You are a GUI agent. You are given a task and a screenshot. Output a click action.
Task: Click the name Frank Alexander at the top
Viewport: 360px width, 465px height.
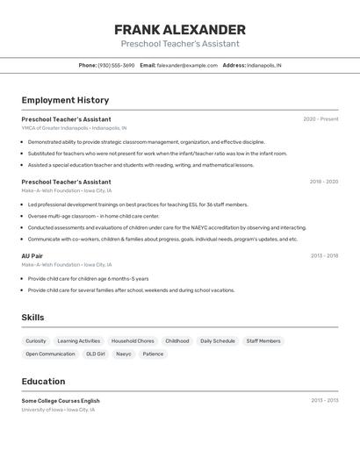[x=180, y=30]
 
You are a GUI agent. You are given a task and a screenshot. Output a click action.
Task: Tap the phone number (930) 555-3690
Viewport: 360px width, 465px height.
[x=116, y=65]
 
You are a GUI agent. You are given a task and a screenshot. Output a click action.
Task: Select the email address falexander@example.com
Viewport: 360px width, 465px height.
[x=187, y=65]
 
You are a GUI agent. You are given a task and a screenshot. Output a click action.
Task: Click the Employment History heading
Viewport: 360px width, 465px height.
[x=65, y=100]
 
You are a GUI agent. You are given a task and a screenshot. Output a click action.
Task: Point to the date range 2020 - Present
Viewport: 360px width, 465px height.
[x=320, y=119]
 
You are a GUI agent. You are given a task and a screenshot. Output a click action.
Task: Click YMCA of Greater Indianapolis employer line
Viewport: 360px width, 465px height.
[x=74, y=128]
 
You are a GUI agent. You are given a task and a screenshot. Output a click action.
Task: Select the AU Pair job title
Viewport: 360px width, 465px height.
[x=32, y=256]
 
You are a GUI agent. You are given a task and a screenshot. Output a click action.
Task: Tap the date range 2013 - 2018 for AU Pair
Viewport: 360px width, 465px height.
[x=324, y=256]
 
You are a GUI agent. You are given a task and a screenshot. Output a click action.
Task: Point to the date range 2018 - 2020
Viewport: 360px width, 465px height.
[x=324, y=182]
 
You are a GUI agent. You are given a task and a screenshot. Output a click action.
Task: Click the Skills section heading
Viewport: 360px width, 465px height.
[x=32, y=318]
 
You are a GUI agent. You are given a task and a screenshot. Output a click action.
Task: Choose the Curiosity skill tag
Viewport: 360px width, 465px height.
[x=36, y=340]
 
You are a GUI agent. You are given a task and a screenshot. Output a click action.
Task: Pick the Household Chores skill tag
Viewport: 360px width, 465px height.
[x=133, y=340]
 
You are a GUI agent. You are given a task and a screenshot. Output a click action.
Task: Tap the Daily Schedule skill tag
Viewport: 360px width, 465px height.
[x=218, y=340]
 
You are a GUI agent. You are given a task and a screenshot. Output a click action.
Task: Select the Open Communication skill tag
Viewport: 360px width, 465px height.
[x=50, y=354]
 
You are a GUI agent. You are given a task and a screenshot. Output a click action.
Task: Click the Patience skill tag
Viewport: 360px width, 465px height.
[x=153, y=354]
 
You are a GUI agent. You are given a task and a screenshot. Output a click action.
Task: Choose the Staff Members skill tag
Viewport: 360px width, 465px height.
[x=263, y=340]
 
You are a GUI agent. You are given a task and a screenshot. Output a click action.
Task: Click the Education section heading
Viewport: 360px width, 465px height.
[x=43, y=382]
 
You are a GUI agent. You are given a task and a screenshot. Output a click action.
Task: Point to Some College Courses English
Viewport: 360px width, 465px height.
[x=61, y=401]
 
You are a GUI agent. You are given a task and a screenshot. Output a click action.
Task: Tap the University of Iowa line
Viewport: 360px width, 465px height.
[x=58, y=410]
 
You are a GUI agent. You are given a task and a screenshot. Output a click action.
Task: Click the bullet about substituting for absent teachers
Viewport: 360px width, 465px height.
[x=157, y=153]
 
